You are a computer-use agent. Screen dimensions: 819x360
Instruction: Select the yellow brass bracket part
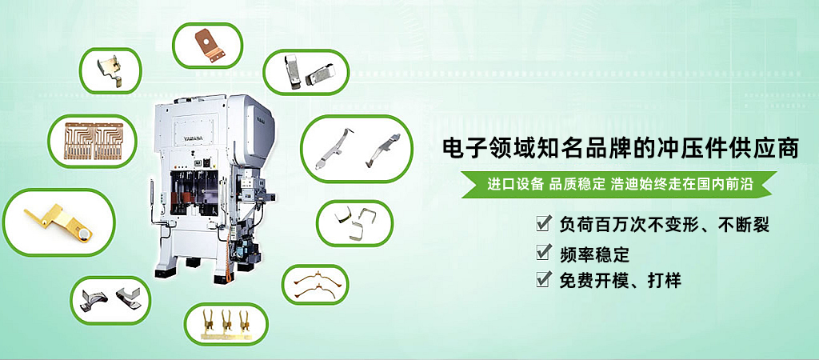coord(58,222)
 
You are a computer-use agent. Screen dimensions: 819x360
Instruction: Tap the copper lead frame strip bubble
coord(93,141)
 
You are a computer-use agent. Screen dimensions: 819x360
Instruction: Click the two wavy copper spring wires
coord(314,284)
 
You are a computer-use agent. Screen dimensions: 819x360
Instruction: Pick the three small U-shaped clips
coord(354,223)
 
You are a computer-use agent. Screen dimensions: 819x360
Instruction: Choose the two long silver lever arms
coord(357,149)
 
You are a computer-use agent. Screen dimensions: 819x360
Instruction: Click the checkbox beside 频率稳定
coord(543,253)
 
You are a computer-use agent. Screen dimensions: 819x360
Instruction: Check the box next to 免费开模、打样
coord(543,280)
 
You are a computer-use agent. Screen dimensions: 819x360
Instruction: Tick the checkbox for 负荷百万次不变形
coord(543,224)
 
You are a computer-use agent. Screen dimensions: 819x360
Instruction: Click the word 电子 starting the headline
coord(461,148)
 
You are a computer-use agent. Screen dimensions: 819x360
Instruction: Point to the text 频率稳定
coord(594,254)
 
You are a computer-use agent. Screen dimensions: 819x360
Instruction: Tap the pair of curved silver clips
coord(110,298)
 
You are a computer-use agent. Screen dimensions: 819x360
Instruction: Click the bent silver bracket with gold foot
coord(110,71)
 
